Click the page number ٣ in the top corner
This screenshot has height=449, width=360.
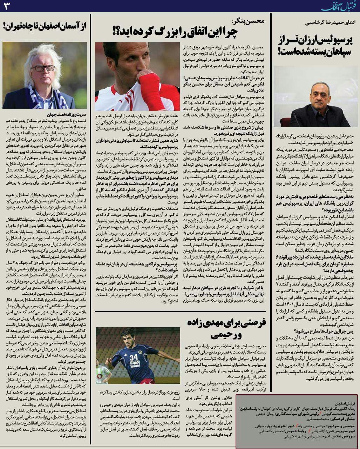click(7, 6)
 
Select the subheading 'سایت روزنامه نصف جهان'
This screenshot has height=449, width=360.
click(67, 114)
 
